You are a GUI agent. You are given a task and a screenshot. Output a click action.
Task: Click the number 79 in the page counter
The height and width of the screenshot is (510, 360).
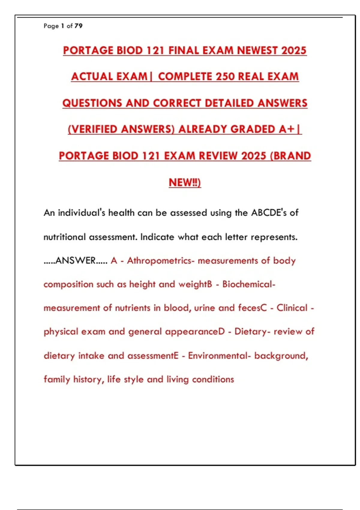78,26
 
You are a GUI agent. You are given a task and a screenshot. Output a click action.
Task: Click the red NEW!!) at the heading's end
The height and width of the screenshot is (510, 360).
185,182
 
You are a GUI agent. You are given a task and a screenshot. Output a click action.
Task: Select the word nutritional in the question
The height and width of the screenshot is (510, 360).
64,237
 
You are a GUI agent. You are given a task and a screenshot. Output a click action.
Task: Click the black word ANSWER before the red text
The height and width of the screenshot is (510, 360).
75,260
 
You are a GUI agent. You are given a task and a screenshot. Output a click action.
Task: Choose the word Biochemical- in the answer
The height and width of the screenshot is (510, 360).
249,284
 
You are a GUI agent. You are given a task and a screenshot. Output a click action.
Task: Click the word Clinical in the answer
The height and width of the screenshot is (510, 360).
292,308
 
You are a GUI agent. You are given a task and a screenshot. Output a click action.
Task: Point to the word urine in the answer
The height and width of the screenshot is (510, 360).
205,308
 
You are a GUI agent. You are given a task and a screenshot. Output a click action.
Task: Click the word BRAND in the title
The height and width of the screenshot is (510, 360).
291,156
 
